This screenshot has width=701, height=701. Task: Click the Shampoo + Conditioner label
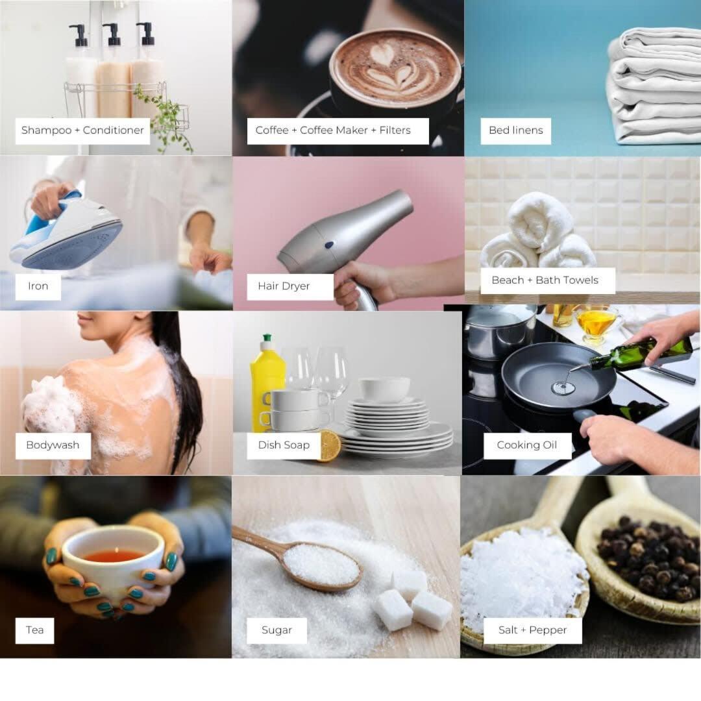pos(82,130)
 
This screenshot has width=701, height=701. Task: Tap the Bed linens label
pos(515,130)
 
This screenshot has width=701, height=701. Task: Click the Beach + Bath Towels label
pos(548,280)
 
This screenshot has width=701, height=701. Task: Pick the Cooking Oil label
pos(527,445)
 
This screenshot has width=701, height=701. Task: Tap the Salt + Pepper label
pos(532,630)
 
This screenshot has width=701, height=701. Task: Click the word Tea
pos(35,630)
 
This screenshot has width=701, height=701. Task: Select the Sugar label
pos(277,630)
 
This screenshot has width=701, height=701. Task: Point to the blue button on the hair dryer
pos(329,245)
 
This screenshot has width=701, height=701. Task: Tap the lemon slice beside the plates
pos(330,446)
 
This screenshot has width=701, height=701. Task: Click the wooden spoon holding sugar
pos(304,560)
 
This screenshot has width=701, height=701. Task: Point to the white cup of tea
pos(114,563)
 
